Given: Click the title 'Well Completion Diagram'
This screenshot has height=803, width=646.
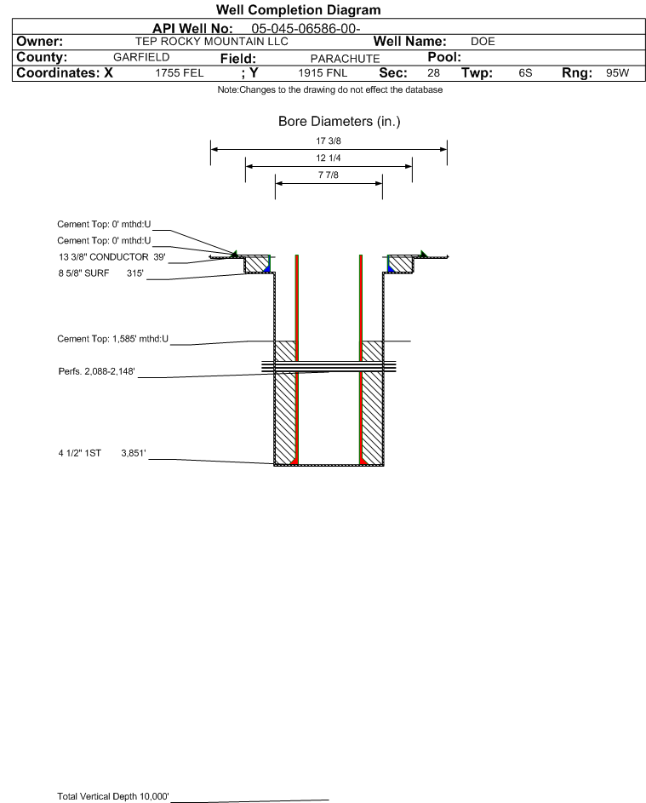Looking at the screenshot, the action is pos(298,9).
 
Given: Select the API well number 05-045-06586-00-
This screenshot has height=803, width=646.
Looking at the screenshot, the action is pos(306,29).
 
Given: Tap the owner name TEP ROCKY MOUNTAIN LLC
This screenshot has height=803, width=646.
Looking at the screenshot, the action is pos(211,42).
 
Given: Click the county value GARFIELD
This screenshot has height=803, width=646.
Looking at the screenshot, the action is pos(141,57).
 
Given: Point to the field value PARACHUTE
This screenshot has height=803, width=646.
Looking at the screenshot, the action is pos(345,59).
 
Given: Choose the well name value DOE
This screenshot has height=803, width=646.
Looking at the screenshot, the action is pos(483,42).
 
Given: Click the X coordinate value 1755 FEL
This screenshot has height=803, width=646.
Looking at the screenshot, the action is pos(179,72).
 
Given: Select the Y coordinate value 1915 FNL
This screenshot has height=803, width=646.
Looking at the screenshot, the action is pos(323,72).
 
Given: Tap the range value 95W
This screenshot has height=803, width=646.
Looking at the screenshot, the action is pos(617,72).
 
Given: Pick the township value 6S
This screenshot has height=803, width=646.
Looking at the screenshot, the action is pos(525,72).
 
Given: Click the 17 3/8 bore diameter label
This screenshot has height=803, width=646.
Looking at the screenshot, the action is pos(329,141).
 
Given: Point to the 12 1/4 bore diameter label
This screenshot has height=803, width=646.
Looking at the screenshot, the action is pos(329,158).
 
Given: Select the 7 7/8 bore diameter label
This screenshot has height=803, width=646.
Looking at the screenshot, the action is pos(329,175).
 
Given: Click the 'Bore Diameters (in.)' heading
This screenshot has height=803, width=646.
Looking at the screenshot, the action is pos(340,122).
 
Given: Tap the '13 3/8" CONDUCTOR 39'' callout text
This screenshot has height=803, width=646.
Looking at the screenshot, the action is pos(112,256).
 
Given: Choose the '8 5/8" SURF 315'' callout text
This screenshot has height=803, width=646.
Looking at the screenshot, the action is pos(100,273).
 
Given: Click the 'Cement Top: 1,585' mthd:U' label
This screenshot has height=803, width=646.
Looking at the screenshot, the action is pos(112,339).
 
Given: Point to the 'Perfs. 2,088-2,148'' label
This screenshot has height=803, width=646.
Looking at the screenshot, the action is pos(97,371).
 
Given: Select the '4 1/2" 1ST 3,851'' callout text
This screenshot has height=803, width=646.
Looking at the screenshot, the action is pos(102,453).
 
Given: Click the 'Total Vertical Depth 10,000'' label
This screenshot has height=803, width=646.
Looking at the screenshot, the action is pos(113,796).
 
